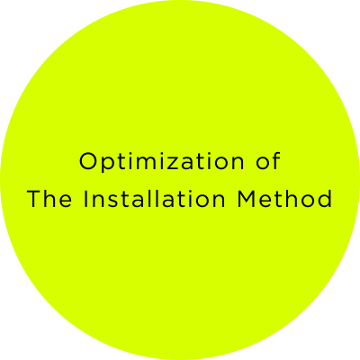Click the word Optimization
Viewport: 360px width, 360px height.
(x=162, y=162)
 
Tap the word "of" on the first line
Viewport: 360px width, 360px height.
(x=268, y=161)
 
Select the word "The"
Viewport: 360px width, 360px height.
(x=49, y=198)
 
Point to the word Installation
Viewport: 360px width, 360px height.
(x=154, y=198)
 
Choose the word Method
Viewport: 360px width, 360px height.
(x=284, y=198)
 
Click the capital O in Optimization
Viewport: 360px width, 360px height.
(x=88, y=161)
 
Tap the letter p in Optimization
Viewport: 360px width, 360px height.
(x=110, y=165)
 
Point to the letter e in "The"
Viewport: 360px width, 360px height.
(x=66, y=201)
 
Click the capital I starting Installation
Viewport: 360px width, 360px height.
(x=85, y=199)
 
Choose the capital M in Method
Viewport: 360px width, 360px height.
(x=247, y=199)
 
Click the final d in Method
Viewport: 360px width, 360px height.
(x=325, y=199)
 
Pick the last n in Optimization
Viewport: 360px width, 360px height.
(x=238, y=164)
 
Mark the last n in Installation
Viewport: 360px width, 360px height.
(x=219, y=201)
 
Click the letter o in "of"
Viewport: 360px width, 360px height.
(x=263, y=164)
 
